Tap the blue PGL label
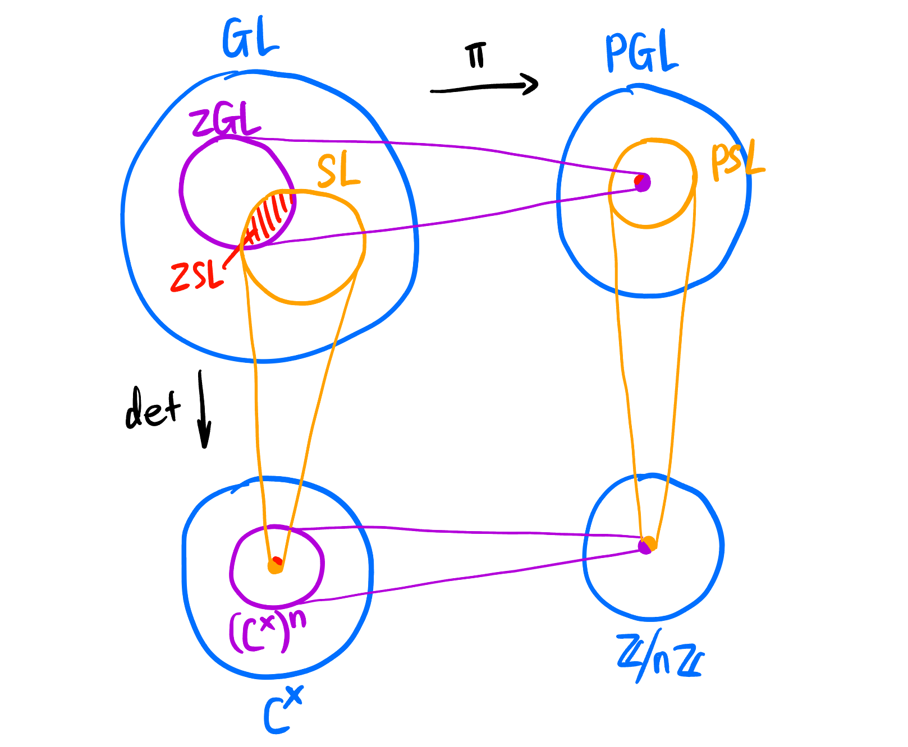(641, 53)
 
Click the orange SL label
(338, 171)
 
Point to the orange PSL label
(736, 163)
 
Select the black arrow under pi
(484, 87)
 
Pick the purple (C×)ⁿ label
(267, 631)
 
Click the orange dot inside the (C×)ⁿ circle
(275, 565)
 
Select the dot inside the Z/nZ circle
(647, 545)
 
